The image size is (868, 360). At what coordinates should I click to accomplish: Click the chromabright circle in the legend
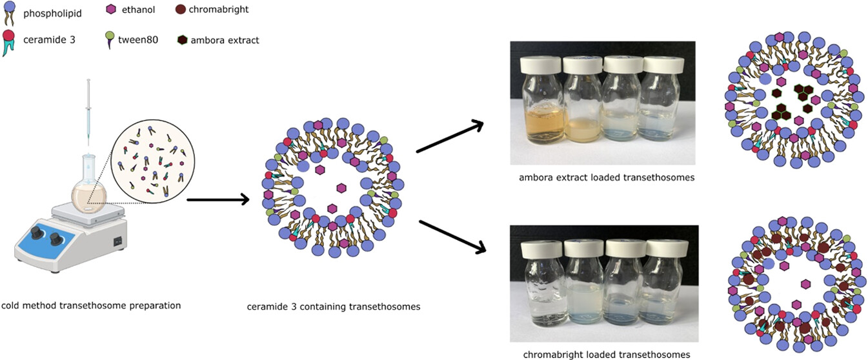point(181,10)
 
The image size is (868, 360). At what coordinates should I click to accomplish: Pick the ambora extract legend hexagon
point(181,40)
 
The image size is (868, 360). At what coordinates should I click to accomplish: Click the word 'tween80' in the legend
point(135,40)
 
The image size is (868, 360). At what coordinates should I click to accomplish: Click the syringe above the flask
point(88,110)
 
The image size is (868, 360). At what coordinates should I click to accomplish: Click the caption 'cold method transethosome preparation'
point(90,305)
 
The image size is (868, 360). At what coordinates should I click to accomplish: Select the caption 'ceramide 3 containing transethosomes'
point(334,306)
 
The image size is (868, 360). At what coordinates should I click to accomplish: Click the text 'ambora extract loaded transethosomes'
point(606,177)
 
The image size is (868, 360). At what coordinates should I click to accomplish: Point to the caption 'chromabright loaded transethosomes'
point(606,354)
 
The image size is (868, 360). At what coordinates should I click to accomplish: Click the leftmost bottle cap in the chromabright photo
point(540,246)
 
